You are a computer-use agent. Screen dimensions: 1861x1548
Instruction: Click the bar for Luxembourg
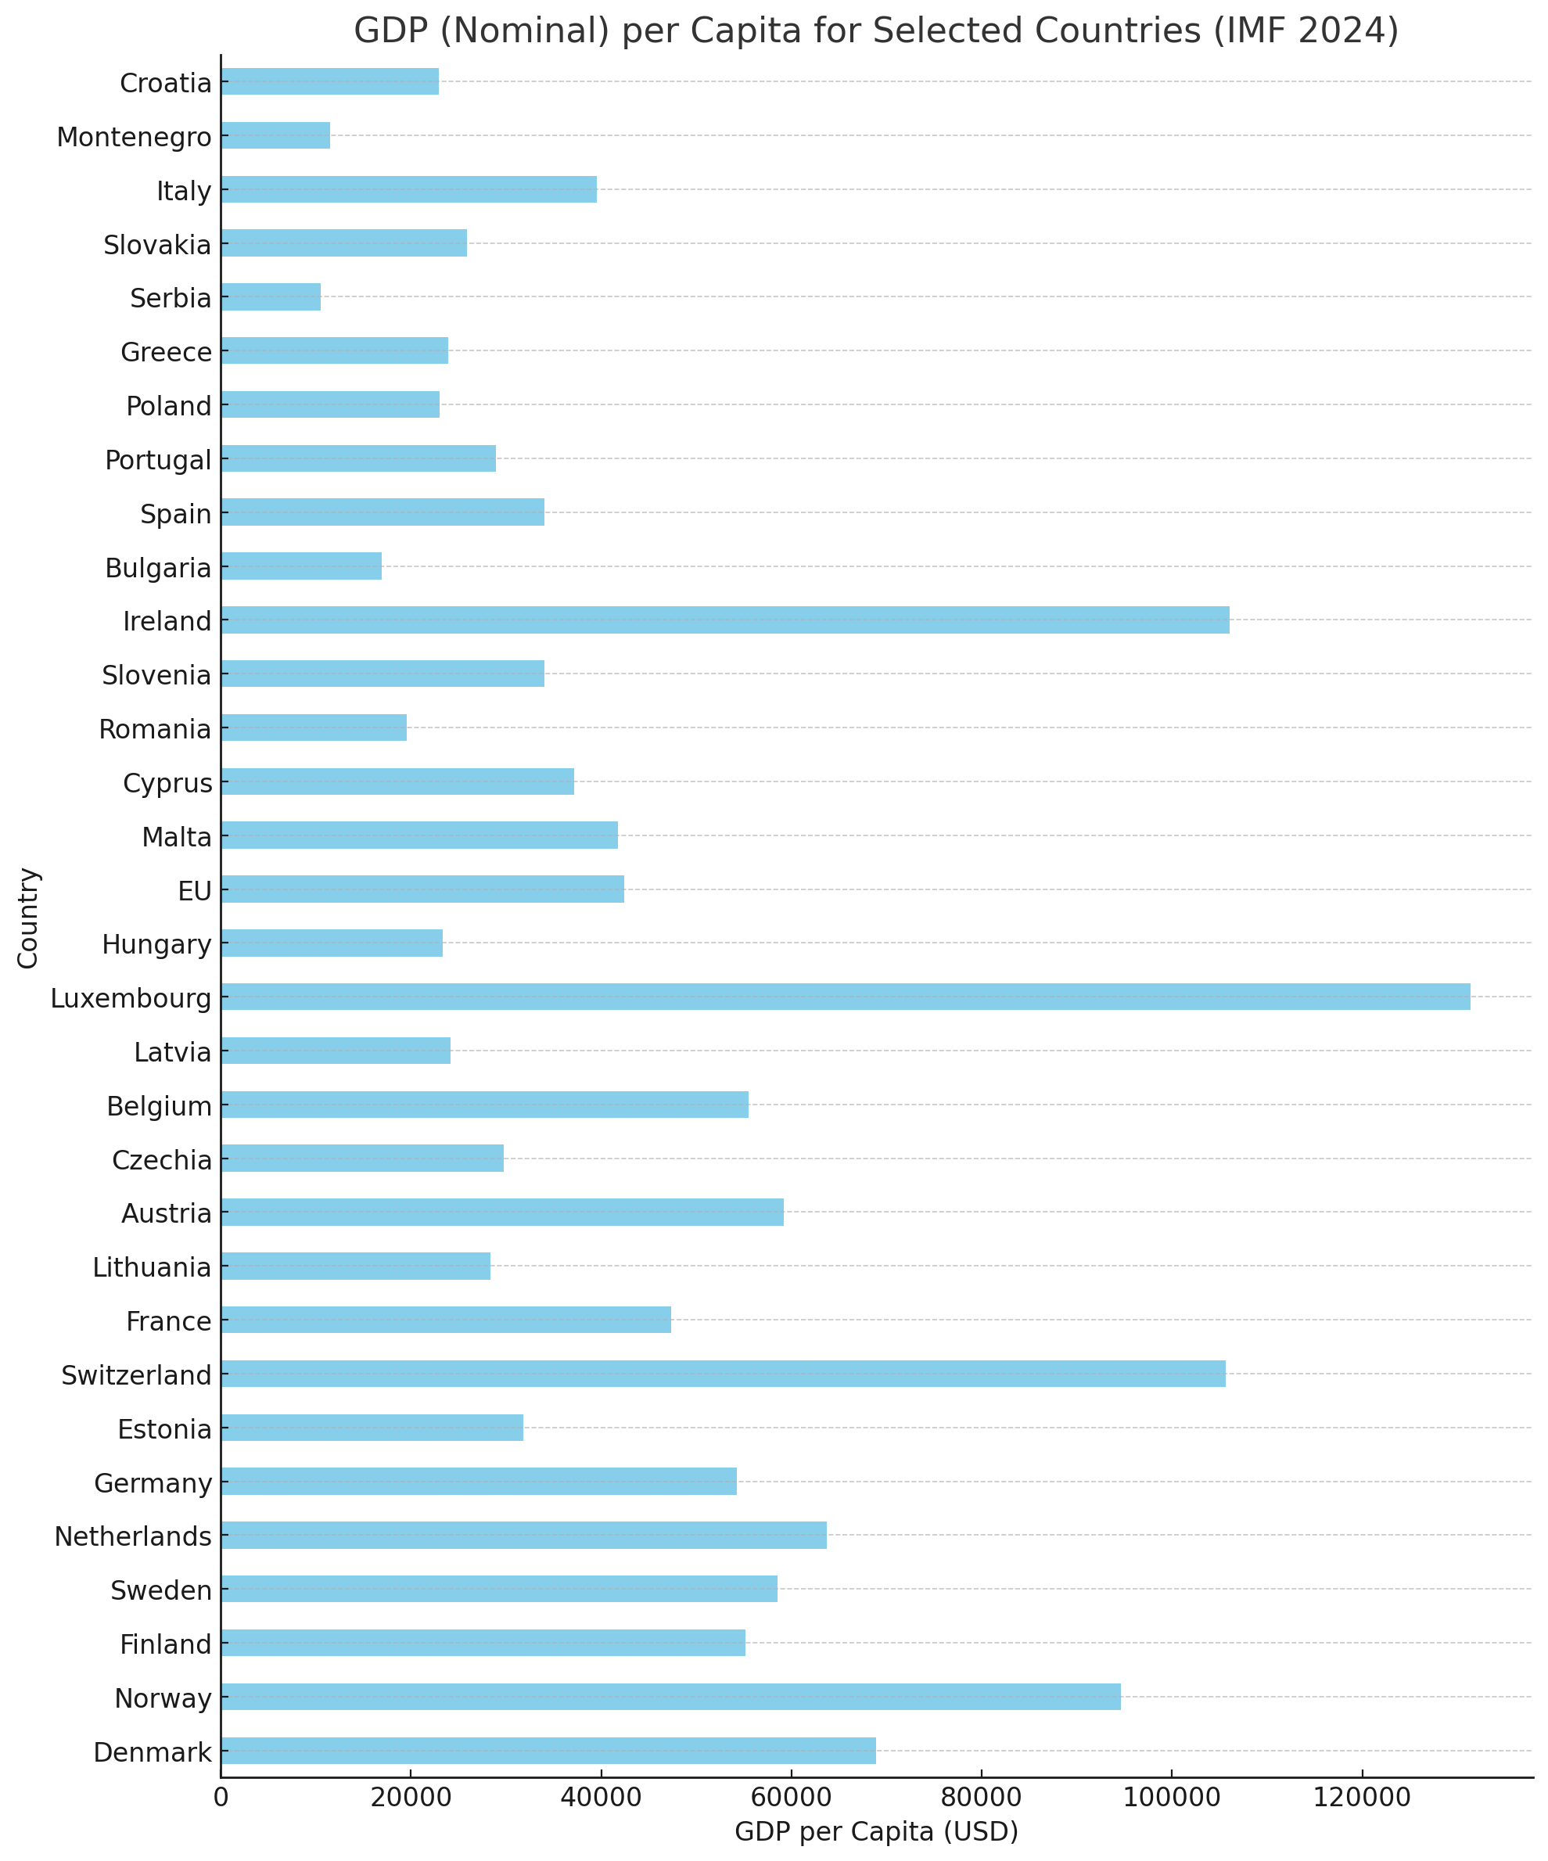click(846, 996)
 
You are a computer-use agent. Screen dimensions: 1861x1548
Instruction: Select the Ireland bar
click(725, 620)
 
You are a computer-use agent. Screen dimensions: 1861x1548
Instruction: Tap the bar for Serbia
click(271, 297)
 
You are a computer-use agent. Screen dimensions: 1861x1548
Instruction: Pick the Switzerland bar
click(723, 1374)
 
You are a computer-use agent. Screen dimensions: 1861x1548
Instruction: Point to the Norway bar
click(671, 1696)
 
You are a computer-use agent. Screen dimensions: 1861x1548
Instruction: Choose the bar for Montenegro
click(275, 135)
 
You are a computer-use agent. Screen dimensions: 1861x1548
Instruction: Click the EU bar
click(422, 889)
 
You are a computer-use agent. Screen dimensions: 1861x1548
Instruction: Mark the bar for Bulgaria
click(301, 566)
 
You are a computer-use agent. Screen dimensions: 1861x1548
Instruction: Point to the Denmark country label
click(153, 1752)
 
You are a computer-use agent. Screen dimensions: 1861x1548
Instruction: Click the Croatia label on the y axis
click(166, 83)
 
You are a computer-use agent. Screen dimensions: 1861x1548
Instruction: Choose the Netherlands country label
click(133, 1536)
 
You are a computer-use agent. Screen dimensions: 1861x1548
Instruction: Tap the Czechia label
click(162, 1160)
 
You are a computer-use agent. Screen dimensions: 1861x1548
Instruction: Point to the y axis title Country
click(28, 918)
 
